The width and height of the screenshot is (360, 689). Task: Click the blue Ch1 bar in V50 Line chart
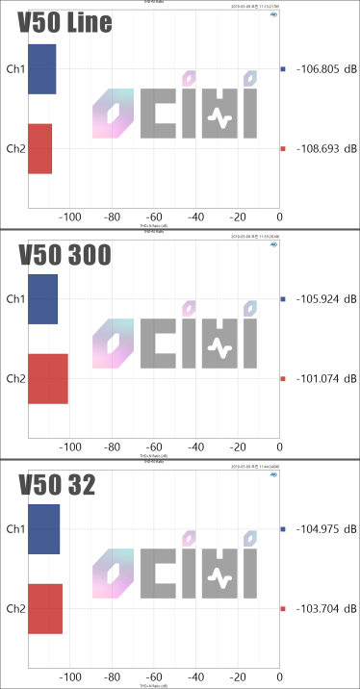[42, 69]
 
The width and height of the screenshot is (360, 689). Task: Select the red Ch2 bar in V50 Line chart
[39, 148]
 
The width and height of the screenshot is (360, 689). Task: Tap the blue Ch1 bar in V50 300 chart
[42, 299]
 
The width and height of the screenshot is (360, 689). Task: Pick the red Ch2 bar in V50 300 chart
[47, 378]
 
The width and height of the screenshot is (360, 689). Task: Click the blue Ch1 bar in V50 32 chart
[43, 529]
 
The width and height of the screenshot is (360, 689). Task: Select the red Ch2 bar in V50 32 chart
[45, 608]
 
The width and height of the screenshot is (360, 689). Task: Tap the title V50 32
[57, 485]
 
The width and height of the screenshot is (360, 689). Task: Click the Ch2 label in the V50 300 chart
[16, 379]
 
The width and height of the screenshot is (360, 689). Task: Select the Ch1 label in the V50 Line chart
[16, 69]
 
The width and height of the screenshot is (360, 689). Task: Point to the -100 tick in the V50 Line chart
[69, 218]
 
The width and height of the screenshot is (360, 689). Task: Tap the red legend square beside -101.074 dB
[283, 379]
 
